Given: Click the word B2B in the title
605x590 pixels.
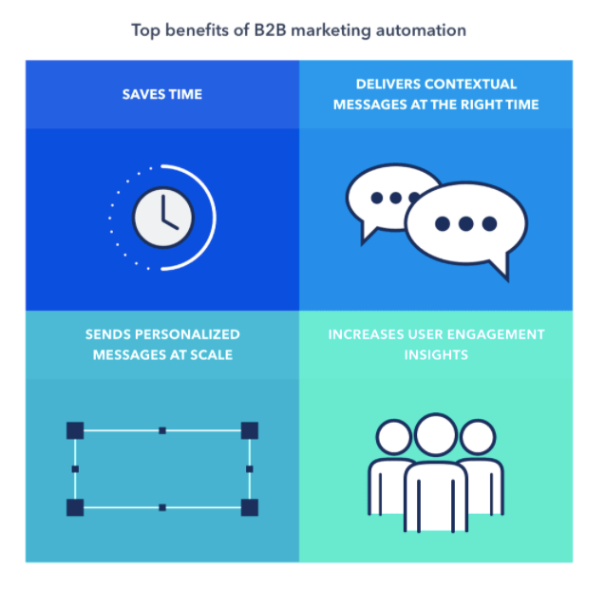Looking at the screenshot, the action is [x=270, y=30].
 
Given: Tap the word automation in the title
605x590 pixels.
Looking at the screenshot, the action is [x=421, y=30].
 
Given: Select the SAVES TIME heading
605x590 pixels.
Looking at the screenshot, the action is [x=162, y=94].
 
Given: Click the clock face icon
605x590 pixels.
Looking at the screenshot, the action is [x=163, y=218].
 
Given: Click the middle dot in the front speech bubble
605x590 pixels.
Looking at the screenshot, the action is [x=466, y=223].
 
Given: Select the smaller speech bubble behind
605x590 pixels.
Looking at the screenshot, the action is [x=389, y=200].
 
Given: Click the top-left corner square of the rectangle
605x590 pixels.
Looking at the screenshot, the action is [x=75, y=430].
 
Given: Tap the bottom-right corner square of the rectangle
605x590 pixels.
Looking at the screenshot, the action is [x=250, y=507].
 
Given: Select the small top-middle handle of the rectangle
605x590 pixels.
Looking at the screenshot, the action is [x=162, y=430].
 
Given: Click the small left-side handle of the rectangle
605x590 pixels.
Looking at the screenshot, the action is [x=75, y=469].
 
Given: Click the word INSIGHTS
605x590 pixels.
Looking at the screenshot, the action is [x=436, y=355].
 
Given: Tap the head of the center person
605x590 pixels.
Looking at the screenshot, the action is [x=436, y=435].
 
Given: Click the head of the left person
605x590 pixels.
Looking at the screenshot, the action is [x=394, y=437].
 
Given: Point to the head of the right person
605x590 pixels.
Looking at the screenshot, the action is [x=478, y=437].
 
